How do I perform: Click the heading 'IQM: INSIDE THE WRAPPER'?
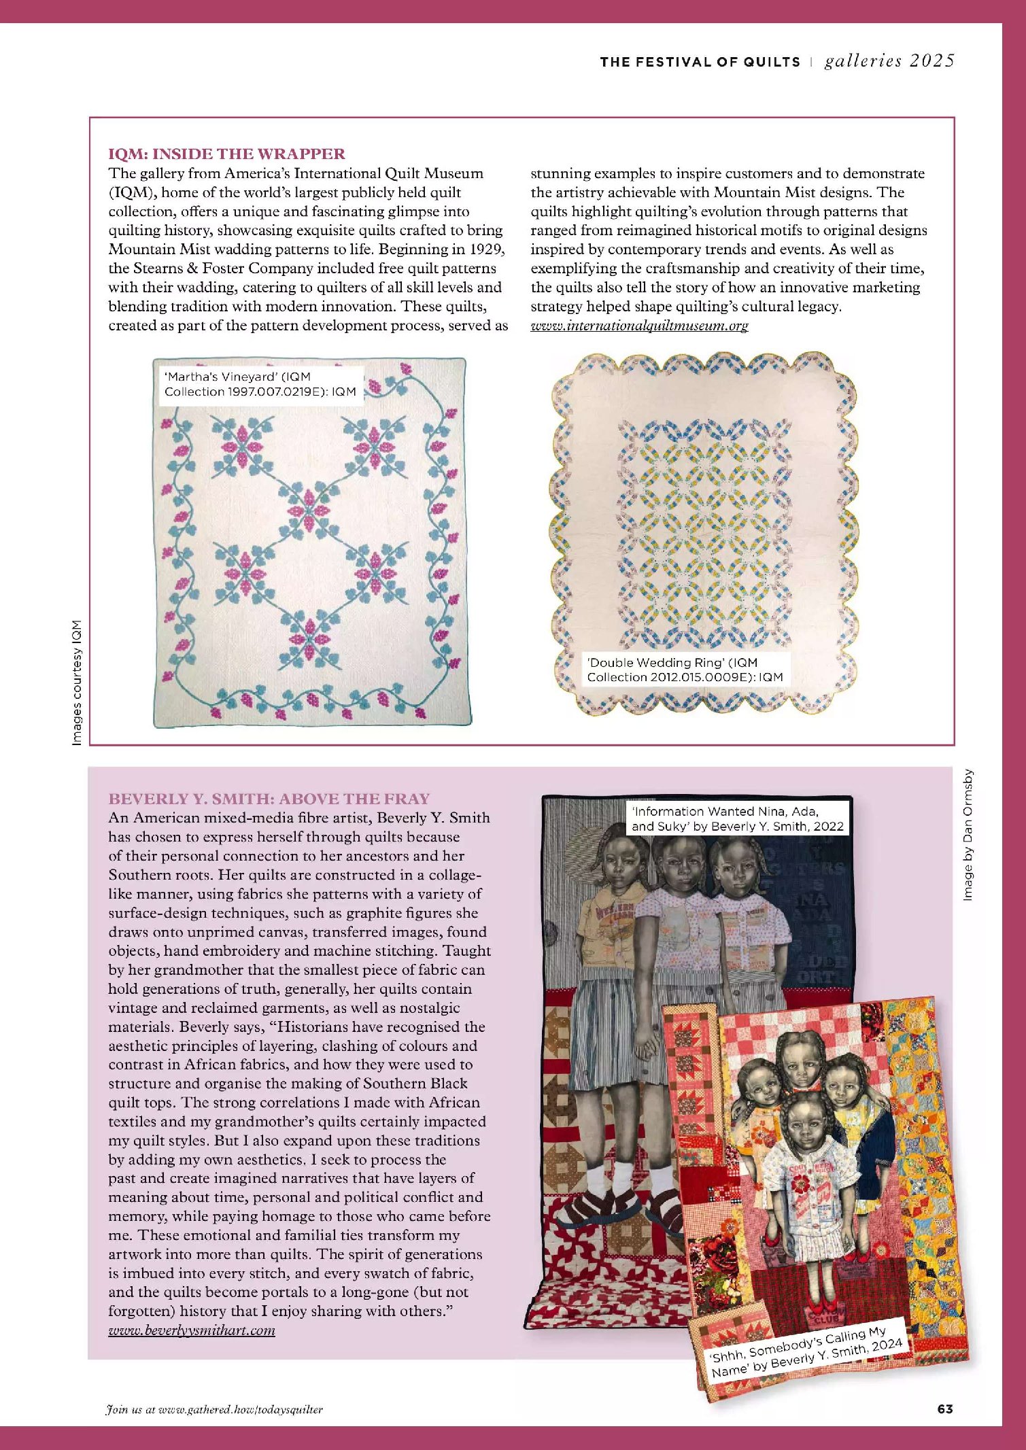pos(226,154)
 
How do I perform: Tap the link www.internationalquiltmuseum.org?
pos(638,326)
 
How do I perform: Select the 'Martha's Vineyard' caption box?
pos(260,384)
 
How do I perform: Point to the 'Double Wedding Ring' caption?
pos(685,670)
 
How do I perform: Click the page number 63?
pos(945,1409)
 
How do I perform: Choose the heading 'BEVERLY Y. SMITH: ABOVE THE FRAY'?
pos(269,799)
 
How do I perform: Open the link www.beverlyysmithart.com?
pos(192,1330)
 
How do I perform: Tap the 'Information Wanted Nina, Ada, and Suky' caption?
pos(737,818)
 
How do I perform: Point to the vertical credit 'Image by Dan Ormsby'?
pos(968,835)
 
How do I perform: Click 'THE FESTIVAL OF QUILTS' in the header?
pos(700,62)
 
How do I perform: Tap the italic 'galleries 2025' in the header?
pos(889,61)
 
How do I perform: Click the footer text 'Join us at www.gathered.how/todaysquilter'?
pos(214,1410)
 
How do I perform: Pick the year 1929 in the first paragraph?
pos(487,249)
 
